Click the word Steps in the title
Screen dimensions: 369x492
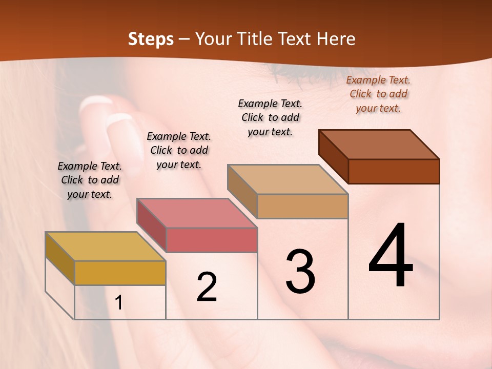tap(151, 39)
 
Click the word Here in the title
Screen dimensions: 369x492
tap(336, 39)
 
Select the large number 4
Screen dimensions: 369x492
tap(391, 256)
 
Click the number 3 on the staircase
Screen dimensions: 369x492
tap(300, 272)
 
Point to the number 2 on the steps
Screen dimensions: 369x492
tap(207, 288)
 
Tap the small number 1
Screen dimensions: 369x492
tap(119, 303)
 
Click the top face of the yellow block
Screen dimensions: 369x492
tap(105, 246)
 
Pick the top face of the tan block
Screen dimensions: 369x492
tap(288, 179)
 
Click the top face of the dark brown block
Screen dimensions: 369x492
tap(379, 145)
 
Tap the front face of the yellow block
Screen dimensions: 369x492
tap(120, 273)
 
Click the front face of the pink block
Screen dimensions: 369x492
tap(211, 240)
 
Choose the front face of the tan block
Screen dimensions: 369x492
tap(302, 206)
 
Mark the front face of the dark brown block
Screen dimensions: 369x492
tap(394, 171)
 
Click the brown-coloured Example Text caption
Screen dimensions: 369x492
tap(378, 94)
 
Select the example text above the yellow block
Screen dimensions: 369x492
tap(90, 180)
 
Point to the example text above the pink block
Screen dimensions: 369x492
tap(179, 150)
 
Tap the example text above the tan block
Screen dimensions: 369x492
tap(270, 117)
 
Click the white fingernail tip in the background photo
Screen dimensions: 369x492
tap(95, 102)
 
